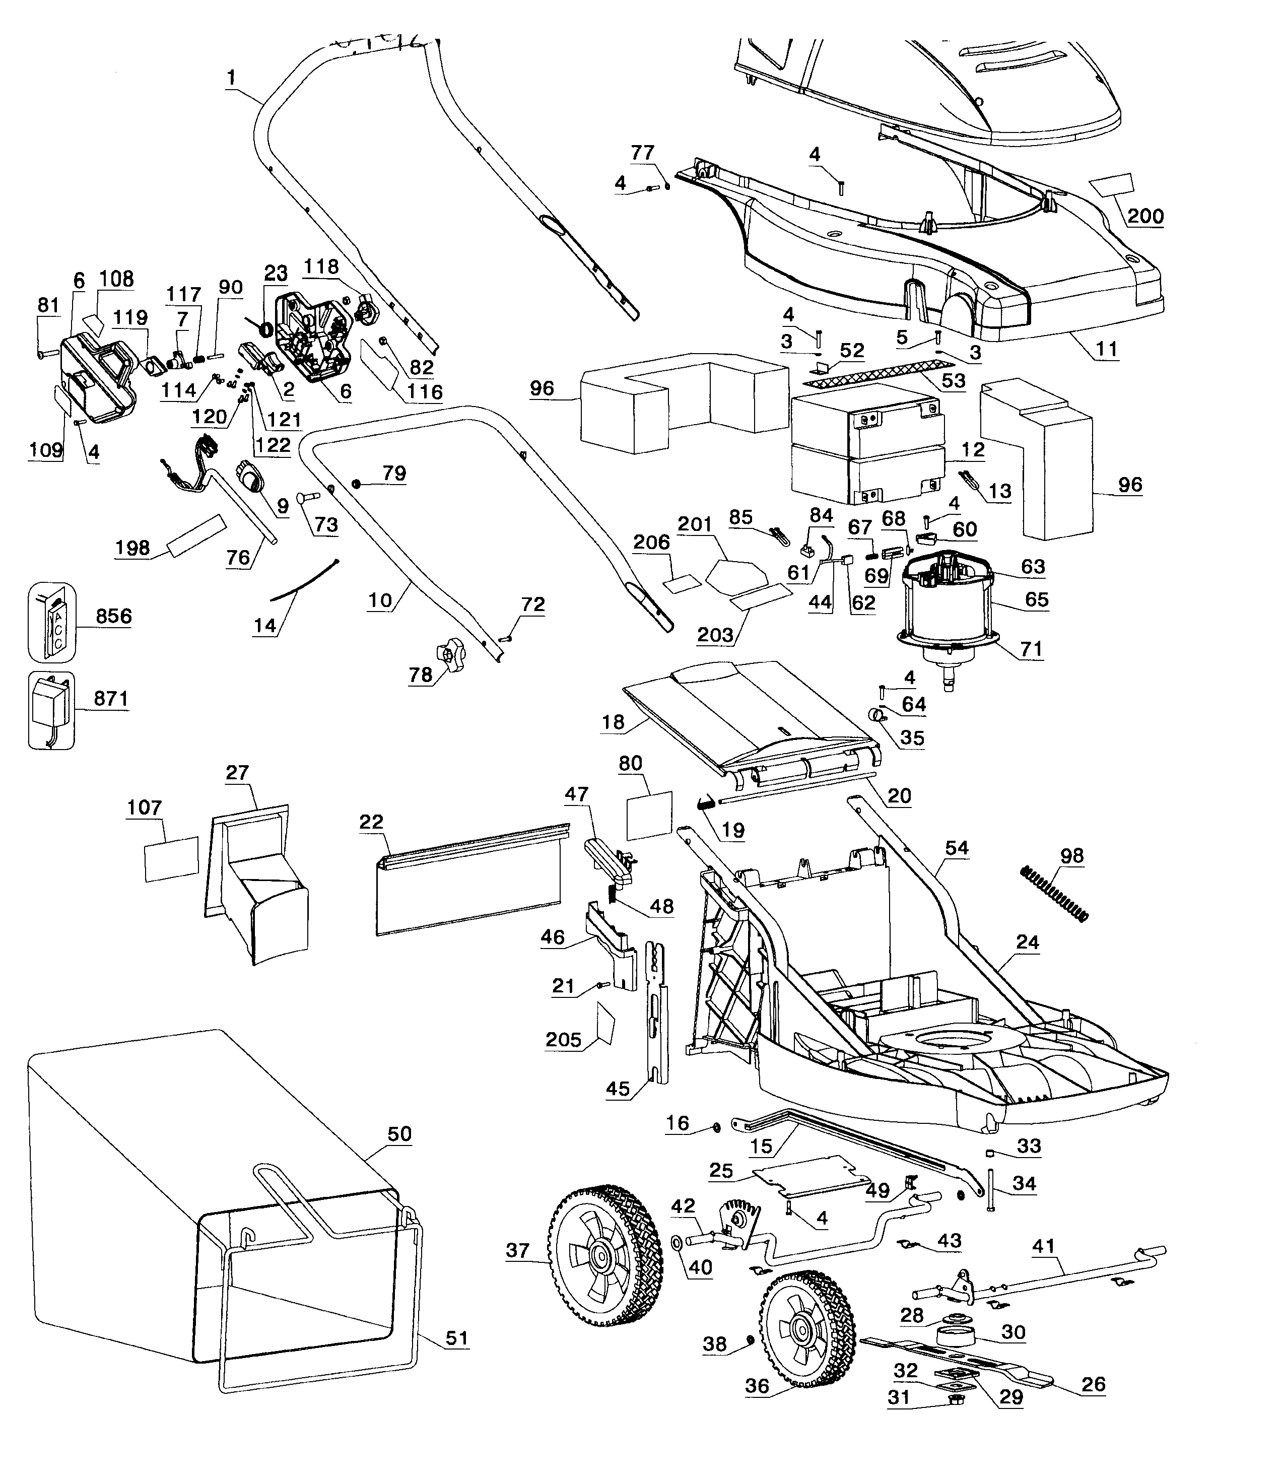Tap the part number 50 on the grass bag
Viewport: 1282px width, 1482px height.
pyautogui.click(x=399, y=1134)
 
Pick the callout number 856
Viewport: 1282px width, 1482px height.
pyautogui.click(x=114, y=616)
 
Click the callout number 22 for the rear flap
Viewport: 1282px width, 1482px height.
pyautogui.click(x=371, y=821)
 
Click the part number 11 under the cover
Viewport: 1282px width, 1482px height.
pyautogui.click(x=1106, y=349)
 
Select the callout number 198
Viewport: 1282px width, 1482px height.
pyautogui.click(x=132, y=548)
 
